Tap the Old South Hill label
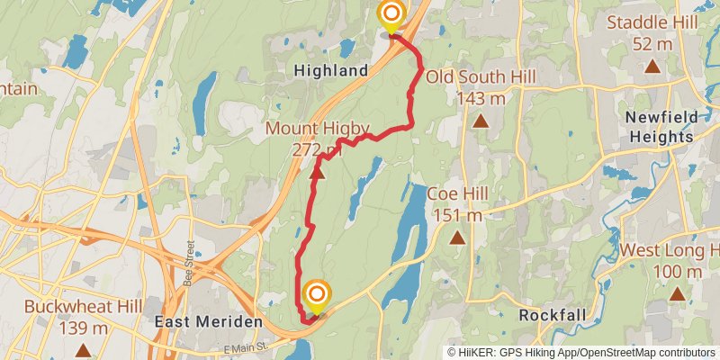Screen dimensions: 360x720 pos(480,86)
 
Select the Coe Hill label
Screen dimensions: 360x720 pos(457,204)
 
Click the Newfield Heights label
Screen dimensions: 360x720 pos(661,128)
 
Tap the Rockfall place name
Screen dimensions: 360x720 pos(553,315)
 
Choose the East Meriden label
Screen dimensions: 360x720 pos(208,321)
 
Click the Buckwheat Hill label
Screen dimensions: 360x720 pos(83,317)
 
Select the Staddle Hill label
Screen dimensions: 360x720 pos(651,32)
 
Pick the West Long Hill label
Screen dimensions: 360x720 pos(671,260)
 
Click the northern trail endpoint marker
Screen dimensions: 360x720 pos(391,15)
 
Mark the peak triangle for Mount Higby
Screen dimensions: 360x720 pos(317,171)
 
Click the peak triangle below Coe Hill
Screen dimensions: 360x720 pos(458,238)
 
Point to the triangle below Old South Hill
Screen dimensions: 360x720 pos(481,121)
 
